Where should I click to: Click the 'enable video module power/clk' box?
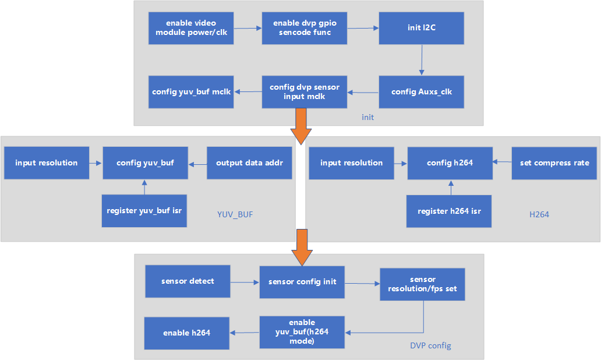click(x=191, y=28)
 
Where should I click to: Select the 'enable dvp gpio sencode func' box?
click(x=305, y=28)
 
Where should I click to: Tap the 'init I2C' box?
click(x=422, y=28)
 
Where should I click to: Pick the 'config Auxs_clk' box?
click(x=422, y=91)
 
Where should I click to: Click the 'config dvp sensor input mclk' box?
click(x=305, y=91)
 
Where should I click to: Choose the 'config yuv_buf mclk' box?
click(x=191, y=91)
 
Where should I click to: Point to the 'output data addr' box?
click(x=249, y=163)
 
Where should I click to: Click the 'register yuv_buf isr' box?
click(x=144, y=210)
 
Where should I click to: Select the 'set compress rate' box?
click(x=554, y=163)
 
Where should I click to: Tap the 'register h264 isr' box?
click(x=449, y=210)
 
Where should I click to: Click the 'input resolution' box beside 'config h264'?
click(x=351, y=163)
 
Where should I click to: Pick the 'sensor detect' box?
click(x=188, y=281)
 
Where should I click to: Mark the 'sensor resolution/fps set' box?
click(x=422, y=284)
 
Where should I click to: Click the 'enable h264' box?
click(x=186, y=333)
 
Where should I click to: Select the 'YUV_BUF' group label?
click(x=235, y=214)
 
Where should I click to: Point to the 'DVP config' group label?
click(x=430, y=345)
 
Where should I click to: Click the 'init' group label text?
click(x=367, y=117)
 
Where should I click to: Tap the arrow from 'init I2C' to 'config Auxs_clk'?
click(x=421, y=60)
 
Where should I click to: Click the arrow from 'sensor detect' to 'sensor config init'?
click(x=245, y=283)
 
